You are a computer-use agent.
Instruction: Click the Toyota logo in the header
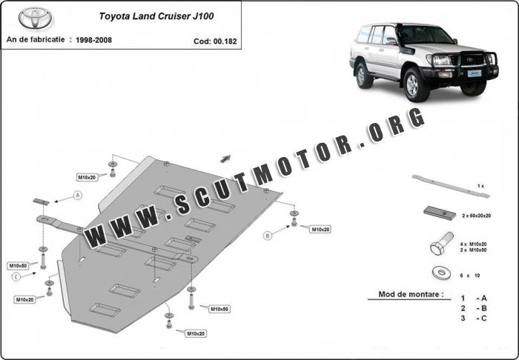point(35,18)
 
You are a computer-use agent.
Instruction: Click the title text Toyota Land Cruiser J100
point(156,16)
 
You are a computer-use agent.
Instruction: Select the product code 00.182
point(225,41)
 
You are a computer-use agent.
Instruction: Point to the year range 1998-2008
point(93,40)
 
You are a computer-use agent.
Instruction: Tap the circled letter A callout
point(78,196)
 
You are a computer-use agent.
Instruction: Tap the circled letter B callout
point(268,236)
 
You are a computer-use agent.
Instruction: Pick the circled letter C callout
point(16,277)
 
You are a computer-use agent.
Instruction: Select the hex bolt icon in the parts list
point(441,243)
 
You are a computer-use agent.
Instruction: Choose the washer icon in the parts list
point(442,273)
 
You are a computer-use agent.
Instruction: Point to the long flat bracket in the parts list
point(451,187)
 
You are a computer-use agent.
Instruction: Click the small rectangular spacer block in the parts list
point(440,213)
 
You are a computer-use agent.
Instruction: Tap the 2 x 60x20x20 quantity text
point(476,216)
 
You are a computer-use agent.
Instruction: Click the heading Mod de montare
point(411,294)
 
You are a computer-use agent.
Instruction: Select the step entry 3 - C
point(475,319)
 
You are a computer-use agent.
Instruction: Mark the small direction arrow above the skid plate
point(225,159)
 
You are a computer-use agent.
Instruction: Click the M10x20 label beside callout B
point(320,230)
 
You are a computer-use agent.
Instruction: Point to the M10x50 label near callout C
point(18,266)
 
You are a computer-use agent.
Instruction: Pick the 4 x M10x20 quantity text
point(473,244)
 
